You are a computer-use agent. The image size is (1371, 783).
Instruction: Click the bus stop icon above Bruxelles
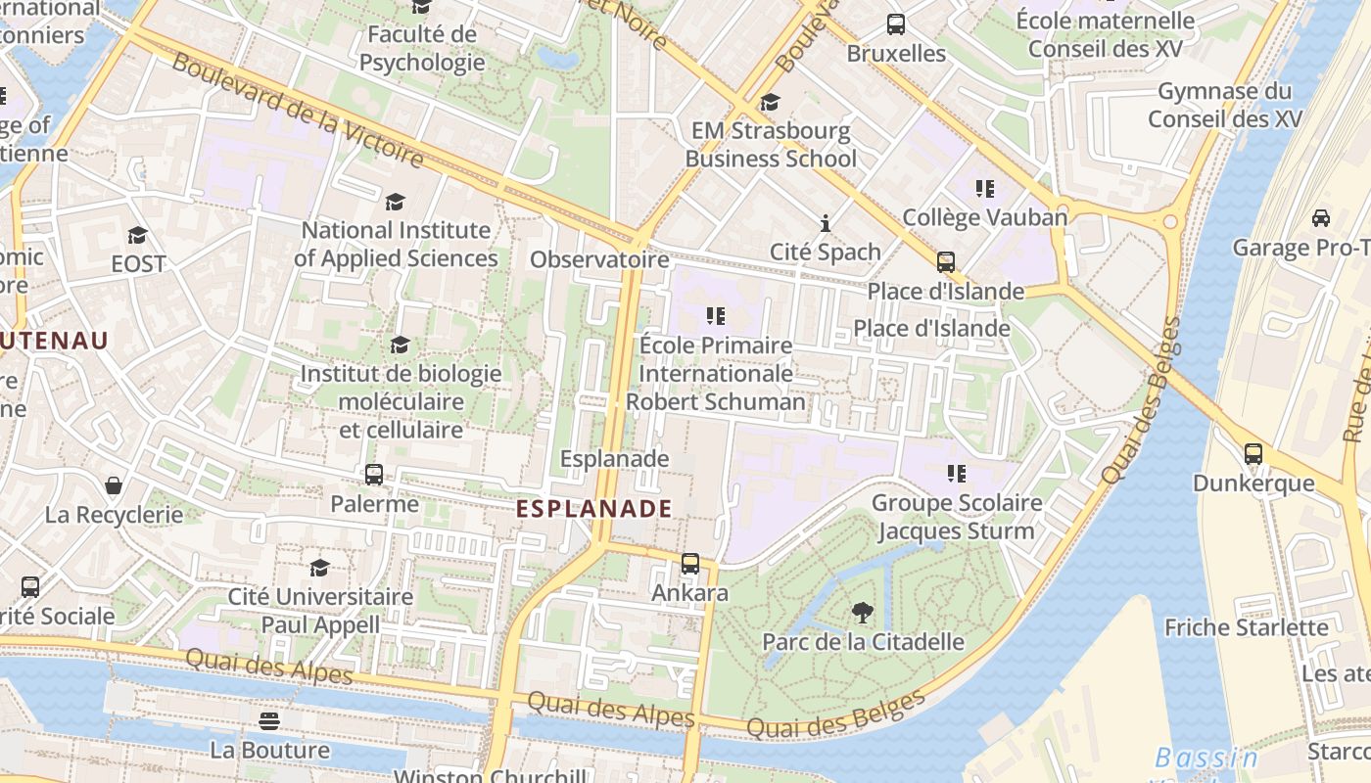click(x=895, y=24)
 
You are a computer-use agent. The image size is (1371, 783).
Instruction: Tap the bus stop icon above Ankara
click(x=690, y=564)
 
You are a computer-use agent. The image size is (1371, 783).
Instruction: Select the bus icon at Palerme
click(x=374, y=475)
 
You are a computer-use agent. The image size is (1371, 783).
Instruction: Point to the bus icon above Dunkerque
click(x=1253, y=454)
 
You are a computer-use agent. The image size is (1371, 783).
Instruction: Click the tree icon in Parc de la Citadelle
click(x=863, y=614)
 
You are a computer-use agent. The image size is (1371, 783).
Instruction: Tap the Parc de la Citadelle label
click(x=863, y=642)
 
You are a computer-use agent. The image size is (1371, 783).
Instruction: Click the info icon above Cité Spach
click(x=826, y=223)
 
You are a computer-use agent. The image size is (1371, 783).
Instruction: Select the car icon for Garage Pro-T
click(x=1321, y=217)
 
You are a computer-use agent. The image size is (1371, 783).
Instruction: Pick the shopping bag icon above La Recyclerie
click(x=114, y=485)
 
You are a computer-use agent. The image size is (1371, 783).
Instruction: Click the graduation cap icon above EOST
click(x=138, y=235)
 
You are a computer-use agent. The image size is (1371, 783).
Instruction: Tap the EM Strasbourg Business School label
click(x=771, y=145)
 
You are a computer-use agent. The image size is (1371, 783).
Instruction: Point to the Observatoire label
click(x=599, y=259)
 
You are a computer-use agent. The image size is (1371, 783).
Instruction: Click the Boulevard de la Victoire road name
click(x=299, y=111)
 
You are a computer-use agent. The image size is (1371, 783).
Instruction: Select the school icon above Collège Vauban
click(x=985, y=188)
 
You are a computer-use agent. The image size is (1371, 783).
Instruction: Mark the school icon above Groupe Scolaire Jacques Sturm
click(x=957, y=474)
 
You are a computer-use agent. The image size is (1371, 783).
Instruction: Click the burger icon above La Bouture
click(x=269, y=721)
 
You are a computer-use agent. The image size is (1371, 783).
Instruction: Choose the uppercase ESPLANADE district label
click(x=593, y=508)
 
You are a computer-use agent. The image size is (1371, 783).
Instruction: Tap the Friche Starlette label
click(x=1246, y=627)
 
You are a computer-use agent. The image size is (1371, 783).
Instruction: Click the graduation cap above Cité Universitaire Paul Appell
click(x=320, y=568)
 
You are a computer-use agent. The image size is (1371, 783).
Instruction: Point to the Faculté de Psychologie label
click(x=422, y=48)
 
